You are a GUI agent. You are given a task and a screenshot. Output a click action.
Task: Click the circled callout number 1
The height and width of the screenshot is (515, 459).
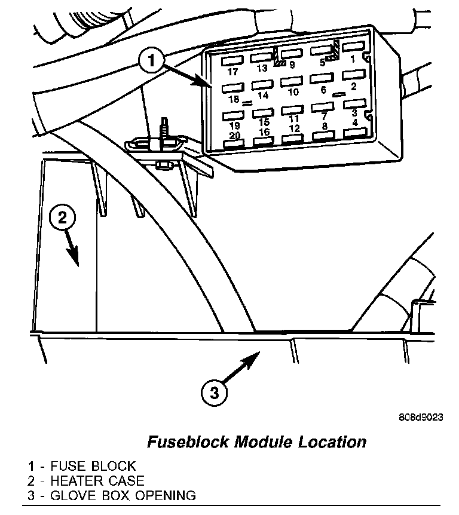point(151,61)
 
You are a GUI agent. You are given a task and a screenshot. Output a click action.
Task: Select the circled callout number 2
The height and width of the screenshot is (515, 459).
point(62,217)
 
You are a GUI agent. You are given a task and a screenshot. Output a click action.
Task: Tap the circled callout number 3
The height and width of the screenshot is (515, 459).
point(214,392)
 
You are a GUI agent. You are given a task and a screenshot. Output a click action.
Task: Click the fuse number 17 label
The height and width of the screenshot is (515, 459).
point(233,71)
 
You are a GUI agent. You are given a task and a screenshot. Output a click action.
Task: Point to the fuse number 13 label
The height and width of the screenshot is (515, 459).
point(262,68)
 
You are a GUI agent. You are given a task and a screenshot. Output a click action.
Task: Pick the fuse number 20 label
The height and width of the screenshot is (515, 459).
point(234,135)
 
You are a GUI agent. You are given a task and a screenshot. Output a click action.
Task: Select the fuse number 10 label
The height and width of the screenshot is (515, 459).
point(293,92)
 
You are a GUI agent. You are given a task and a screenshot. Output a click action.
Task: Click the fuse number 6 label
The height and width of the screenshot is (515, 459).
point(324,90)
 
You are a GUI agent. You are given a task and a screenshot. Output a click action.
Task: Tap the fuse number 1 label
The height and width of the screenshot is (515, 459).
point(353,59)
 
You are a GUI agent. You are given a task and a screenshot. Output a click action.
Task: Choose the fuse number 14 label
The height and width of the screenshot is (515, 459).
point(263,96)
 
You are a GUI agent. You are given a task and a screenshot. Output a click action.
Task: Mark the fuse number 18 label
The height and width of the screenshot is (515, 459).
point(234,99)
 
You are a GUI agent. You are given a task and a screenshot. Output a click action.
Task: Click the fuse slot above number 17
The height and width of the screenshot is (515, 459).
point(232,60)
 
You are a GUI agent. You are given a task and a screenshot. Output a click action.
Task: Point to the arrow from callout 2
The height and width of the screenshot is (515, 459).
point(72,248)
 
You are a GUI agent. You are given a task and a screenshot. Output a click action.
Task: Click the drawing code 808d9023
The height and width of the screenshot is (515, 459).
point(421,417)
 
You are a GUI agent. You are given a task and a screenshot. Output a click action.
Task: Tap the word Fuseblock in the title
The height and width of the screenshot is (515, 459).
point(188,442)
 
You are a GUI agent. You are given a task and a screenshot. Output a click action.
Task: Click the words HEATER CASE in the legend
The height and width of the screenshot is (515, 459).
point(97,481)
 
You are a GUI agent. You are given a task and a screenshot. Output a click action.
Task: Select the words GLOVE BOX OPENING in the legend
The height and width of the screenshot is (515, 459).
point(123,495)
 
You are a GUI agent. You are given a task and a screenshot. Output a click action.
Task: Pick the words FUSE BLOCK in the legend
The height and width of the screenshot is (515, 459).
point(93,466)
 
